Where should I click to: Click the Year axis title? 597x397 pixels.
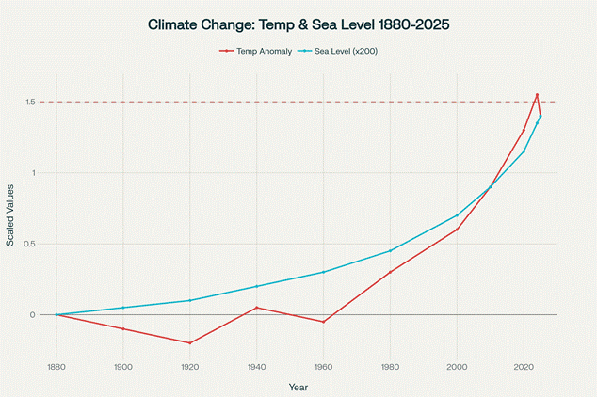tap(298, 386)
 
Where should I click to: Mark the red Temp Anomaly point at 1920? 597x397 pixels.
tap(189, 343)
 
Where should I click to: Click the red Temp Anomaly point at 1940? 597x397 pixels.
tap(256, 308)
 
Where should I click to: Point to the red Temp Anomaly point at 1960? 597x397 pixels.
tap(323, 322)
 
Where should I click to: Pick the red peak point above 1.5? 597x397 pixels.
tap(537, 95)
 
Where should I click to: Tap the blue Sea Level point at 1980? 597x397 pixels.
tap(390, 251)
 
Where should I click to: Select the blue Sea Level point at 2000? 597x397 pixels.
tap(457, 215)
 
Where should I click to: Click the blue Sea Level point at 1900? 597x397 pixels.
tap(122, 308)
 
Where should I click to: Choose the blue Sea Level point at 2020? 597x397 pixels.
tap(524, 151)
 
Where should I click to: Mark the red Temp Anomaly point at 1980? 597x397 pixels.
tap(390, 272)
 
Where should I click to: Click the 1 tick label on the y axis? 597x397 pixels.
tap(33, 173)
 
